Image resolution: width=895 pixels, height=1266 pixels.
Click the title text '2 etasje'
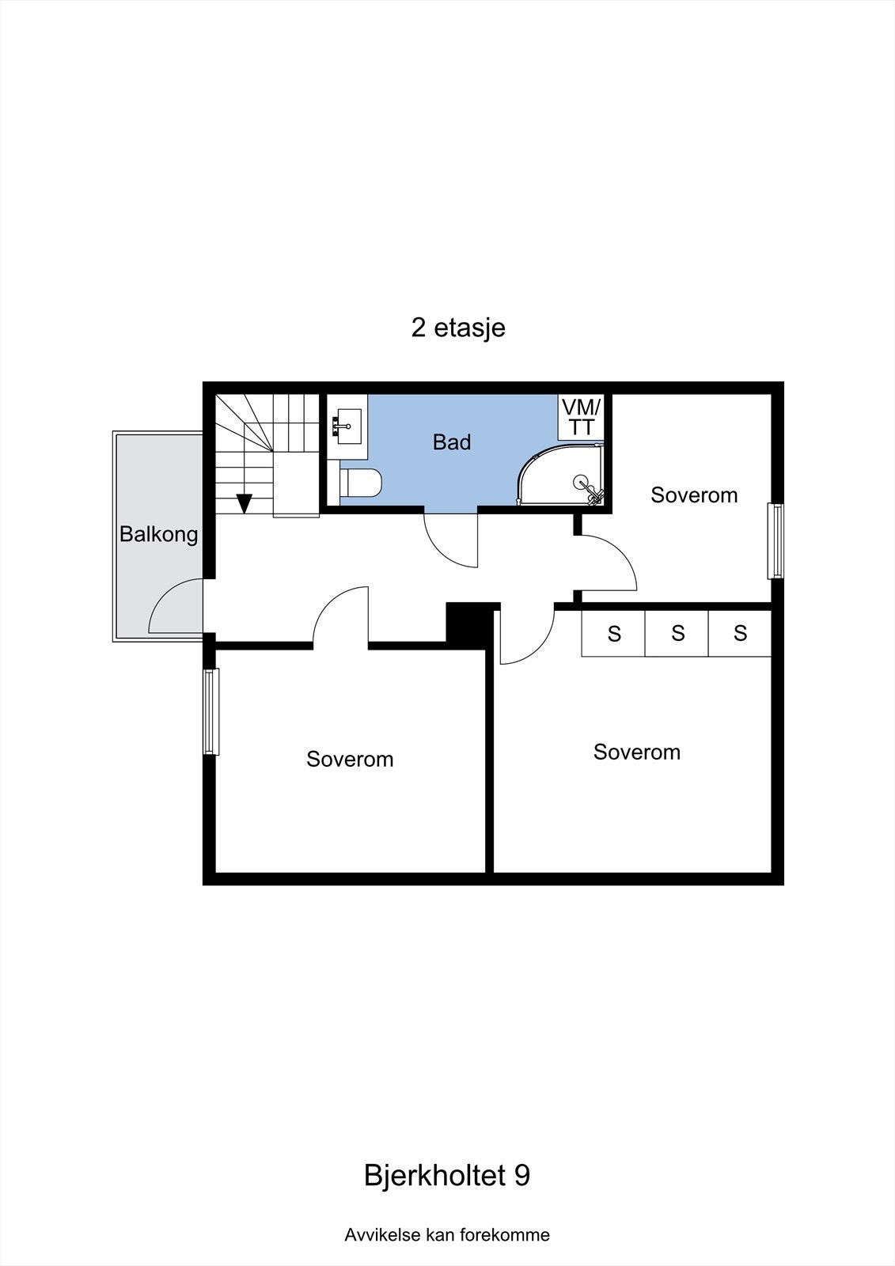pos(457,328)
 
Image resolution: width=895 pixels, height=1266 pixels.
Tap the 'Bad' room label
pos(452,442)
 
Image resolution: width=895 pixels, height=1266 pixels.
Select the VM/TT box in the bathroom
pos(582,417)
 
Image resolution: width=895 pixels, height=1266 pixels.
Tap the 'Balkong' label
pos(158,534)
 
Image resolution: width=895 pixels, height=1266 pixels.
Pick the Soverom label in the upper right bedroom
pos(694,495)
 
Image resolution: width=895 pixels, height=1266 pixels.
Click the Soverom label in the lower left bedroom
pos(350,760)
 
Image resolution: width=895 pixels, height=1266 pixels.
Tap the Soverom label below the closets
pos(636,752)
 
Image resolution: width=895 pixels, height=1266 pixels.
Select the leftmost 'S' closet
pos(614,633)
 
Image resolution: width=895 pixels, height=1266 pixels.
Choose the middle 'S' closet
pos(677,633)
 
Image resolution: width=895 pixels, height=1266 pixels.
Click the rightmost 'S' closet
pos(740,633)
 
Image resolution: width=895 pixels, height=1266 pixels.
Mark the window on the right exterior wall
pos(777,541)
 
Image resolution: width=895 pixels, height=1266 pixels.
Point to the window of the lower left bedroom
pos(210,711)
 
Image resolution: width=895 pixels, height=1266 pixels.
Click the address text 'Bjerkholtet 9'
pos(446,1175)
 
